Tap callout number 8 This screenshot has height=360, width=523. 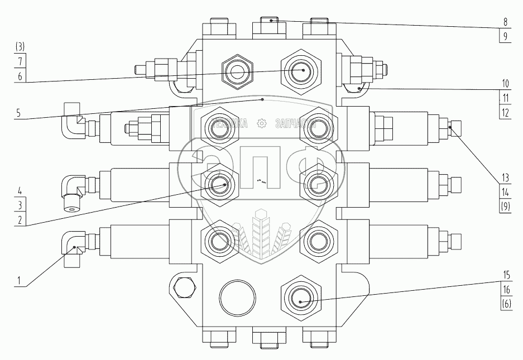coord(505,24)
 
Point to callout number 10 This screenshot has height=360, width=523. coord(505,85)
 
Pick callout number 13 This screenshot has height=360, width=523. coord(505,178)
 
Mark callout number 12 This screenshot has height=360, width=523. coord(505,112)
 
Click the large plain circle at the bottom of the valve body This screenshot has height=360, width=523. coord(237,297)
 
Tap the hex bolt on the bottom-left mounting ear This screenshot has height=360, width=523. coord(184,286)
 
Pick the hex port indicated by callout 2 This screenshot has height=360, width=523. coord(218,183)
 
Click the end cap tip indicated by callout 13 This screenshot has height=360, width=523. coord(454,127)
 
